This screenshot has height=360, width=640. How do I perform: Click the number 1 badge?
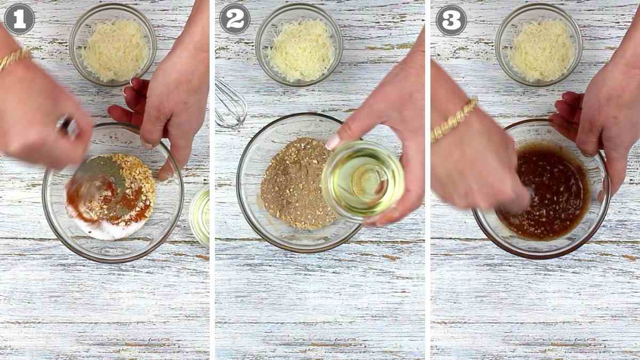coord(19,19)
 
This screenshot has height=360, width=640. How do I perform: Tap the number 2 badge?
coord(235,19)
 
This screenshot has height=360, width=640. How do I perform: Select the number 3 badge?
coord(451,20)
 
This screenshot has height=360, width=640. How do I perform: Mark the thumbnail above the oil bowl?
coord(333,141)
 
